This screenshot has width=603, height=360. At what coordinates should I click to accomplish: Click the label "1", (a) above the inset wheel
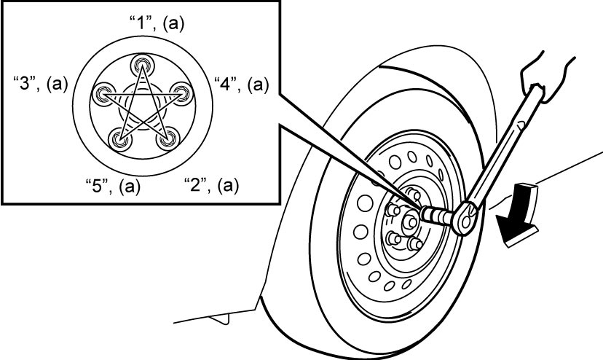tap(157, 24)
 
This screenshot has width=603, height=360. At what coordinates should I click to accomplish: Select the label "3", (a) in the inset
tap(40, 84)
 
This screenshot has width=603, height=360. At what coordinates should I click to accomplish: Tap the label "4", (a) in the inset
tap(241, 84)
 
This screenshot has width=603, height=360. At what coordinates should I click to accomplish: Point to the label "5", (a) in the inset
tap(112, 186)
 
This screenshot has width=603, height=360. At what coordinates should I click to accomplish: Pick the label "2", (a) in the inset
tap(211, 186)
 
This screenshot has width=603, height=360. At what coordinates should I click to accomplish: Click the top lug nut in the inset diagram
tap(142, 65)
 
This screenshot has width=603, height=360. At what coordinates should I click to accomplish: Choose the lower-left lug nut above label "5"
tap(119, 139)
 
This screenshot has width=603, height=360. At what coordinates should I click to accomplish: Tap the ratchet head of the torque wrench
tap(465, 218)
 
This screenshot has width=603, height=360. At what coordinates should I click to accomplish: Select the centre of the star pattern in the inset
tap(142, 111)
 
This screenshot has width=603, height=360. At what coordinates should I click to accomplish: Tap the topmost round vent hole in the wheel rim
tap(412, 157)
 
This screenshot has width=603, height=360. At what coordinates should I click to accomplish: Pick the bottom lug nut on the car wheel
tap(414, 243)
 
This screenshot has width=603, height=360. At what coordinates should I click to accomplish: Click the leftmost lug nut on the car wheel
tap(393, 210)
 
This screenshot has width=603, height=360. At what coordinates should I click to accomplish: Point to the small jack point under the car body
tap(220, 318)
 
